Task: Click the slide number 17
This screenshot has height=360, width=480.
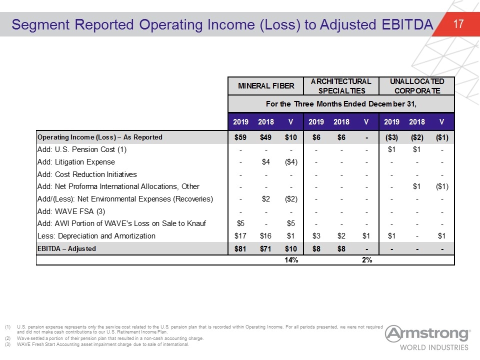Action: pyautogui.click(x=458, y=24)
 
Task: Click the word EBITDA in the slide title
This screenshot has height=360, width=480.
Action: pyautogui.click(x=407, y=24)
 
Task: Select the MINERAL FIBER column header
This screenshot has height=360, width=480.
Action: pyautogui.click(x=266, y=86)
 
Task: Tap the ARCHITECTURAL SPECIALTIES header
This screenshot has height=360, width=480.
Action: pyautogui.click(x=341, y=86)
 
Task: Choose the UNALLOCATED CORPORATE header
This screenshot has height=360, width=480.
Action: pyautogui.click(x=417, y=86)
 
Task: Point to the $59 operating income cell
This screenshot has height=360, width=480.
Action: pyautogui.click(x=240, y=137)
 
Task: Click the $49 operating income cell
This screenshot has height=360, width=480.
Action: pyautogui.click(x=265, y=137)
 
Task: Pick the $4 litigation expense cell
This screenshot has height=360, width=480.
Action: pyautogui.click(x=265, y=162)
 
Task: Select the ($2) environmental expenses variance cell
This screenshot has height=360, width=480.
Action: pyautogui.click(x=291, y=199)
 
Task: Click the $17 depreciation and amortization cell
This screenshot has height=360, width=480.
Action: pyautogui.click(x=240, y=236)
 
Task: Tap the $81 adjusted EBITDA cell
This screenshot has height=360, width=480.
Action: pyautogui.click(x=240, y=249)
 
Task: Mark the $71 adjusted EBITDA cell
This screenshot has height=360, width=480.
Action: pyautogui.click(x=265, y=249)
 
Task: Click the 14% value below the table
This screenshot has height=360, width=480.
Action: pyautogui.click(x=291, y=260)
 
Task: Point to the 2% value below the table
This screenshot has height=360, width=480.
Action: pyautogui.click(x=366, y=260)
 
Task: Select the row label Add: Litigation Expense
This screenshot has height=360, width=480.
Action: pyautogui.click(x=76, y=162)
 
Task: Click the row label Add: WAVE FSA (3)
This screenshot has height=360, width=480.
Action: pyautogui.click(x=71, y=211)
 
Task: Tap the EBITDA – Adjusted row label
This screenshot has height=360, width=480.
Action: pyautogui.click(x=66, y=248)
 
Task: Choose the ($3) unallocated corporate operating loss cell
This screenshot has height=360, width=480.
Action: pyautogui.click(x=391, y=137)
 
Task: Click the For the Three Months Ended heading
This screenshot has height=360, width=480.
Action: pyautogui.click(x=341, y=104)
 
